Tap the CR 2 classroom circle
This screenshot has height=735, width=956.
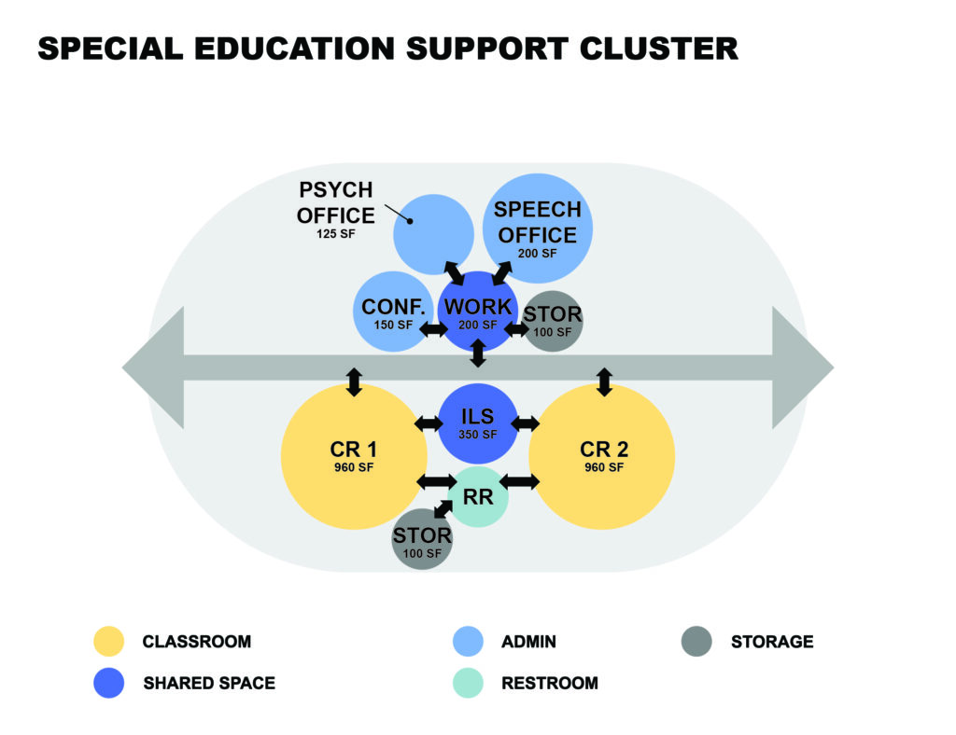(601, 457)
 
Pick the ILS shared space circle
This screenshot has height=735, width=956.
(477, 424)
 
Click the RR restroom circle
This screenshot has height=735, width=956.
(478, 496)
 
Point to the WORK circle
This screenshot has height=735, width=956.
(478, 311)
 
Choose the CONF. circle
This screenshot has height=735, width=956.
(392, 312)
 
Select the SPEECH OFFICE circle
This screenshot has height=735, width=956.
(538, 228)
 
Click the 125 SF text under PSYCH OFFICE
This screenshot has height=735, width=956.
(336, 234)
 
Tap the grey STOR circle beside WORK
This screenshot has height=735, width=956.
(553, 321)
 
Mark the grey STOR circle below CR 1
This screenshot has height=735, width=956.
(422, 541)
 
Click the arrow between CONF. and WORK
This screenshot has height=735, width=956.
(432, 329)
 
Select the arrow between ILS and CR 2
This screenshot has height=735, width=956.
(526, 423)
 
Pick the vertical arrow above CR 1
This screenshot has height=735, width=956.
(354, 381)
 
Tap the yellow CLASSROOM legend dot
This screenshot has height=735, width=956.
(109, 642)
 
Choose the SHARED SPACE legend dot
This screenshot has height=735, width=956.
(109, 683)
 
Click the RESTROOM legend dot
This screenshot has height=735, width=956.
(468, 683)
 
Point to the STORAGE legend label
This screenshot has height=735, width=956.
(772, 642)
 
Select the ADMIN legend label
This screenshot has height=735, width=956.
(528, 642)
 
